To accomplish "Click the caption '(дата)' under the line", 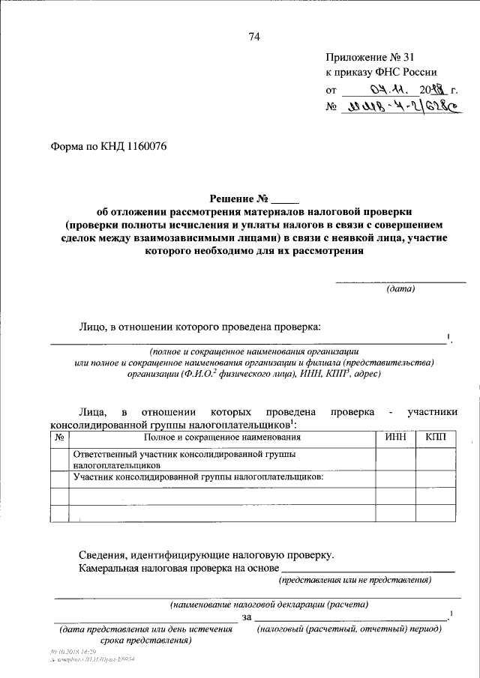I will tap(400, 289).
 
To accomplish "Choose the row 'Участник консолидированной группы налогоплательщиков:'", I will tap(198, 476).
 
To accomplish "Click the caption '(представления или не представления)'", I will tap(355, 581).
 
